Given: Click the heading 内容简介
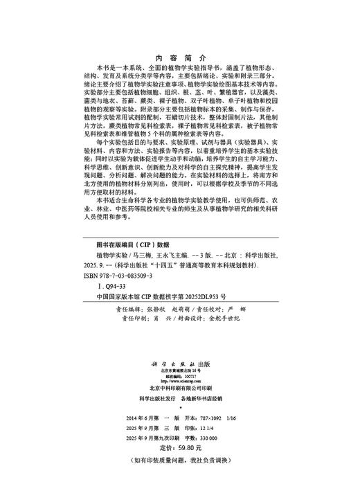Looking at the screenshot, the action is pos(179,57).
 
